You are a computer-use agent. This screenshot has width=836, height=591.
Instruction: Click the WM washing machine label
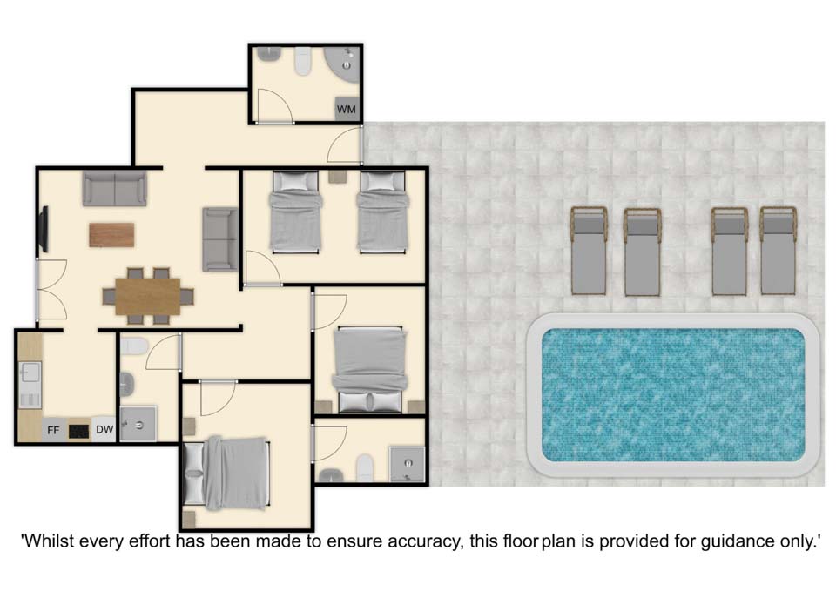coord(346,110)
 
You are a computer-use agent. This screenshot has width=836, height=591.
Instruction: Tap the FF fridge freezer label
coord(53,429)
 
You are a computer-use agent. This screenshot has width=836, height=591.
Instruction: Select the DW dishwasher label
coord(104,429)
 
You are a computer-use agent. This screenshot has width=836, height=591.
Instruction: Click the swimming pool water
coord(673,395)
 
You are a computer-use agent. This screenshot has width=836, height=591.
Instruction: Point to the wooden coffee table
coord(111,235)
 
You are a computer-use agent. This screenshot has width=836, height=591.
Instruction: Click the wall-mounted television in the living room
coord(44,229)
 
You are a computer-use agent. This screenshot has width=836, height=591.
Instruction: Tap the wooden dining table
coord(148,296)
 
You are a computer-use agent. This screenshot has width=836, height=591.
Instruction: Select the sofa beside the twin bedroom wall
coord(220,239)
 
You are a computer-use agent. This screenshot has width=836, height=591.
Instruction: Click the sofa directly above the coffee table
coord(115,189)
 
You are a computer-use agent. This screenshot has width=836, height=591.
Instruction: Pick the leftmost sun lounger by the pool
coord(589,251)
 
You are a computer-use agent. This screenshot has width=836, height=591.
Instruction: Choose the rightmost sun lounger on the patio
coord(778,251)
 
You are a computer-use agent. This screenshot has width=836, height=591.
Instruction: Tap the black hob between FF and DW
coord(79,431)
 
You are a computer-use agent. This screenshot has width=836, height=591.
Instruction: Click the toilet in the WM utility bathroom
coord(303,61)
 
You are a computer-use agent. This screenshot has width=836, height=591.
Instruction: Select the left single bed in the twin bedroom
coord(296,212)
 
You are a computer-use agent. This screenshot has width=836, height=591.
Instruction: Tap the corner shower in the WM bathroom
coord(343,64)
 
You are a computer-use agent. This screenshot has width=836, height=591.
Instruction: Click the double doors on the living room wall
coord(51,290)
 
